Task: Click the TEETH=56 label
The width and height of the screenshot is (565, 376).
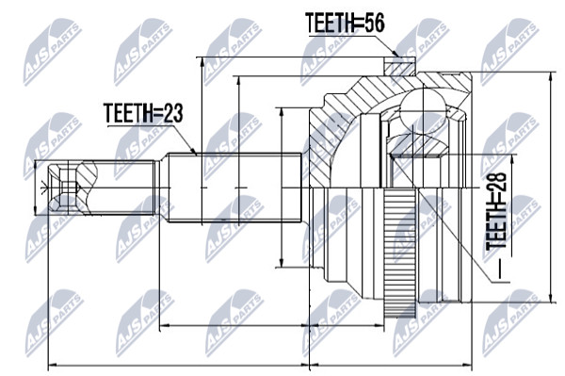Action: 345,23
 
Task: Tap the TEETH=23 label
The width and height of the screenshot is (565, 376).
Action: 143,113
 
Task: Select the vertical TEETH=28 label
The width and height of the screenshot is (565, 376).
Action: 496,211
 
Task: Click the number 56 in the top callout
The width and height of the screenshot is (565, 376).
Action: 375,23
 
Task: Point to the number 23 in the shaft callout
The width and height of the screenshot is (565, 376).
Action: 172,113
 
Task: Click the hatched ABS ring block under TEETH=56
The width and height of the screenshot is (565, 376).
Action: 399,67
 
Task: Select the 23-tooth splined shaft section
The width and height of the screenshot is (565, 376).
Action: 234,188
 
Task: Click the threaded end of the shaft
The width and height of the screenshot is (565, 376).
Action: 119,188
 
